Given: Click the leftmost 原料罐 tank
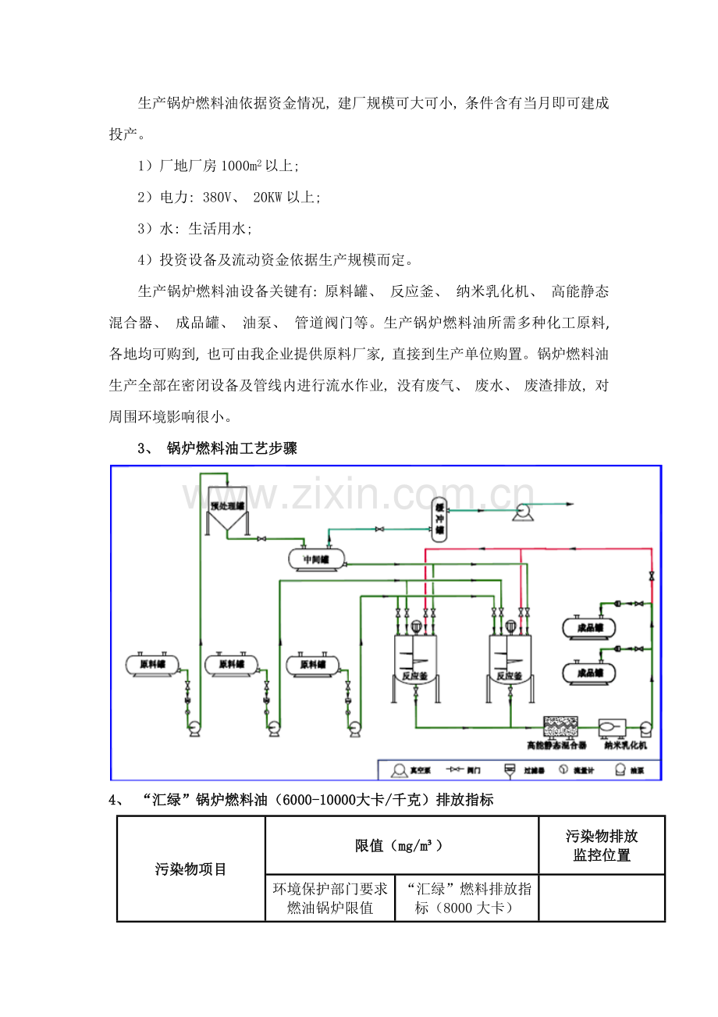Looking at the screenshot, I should tap(152, 664).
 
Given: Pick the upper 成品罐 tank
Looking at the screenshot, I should tap(588, 626).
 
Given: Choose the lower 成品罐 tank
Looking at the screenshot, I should tap(588, 672).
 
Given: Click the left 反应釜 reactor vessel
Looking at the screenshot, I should tap(414, 660).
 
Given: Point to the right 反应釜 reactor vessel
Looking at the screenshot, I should tap(511, 660).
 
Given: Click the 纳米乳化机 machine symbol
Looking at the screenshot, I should tap(610, 728).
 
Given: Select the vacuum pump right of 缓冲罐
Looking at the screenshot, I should tap(521, 512).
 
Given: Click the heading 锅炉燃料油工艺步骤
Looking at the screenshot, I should tap(232, 448).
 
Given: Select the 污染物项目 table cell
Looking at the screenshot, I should tap(191, 869).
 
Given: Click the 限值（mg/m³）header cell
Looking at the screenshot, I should tap(401, 845).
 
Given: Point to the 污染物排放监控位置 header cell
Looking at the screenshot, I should tap(601, 845).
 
